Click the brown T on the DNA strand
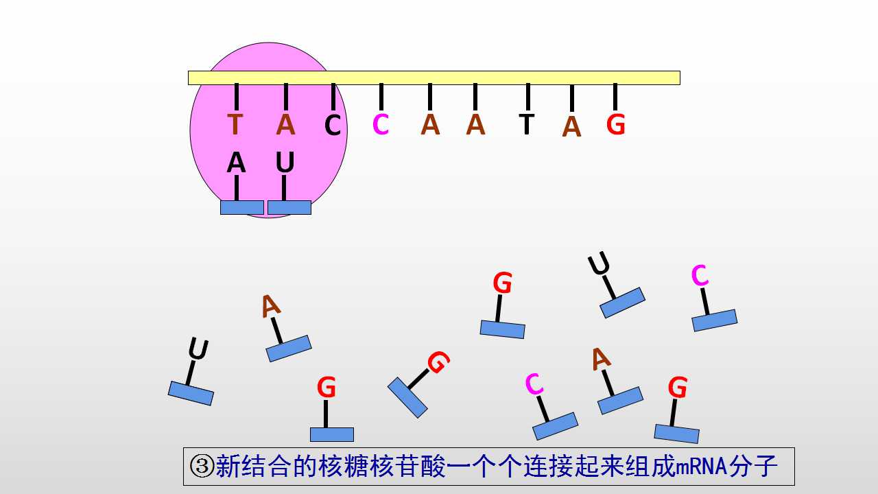point(235,124)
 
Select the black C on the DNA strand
point(333,125)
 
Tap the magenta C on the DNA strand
point(381,124)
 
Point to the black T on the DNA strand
point(526,124)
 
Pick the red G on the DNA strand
point(615,125)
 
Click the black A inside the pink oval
point(236,163)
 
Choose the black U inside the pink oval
point(285,163)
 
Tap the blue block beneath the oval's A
point(242,207)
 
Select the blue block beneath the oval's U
point(289,207)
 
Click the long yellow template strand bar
point(434,78)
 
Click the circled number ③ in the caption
point(202,466)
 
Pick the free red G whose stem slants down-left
point(438,362)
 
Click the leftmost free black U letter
point(198,349)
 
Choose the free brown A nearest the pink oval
point(270,306)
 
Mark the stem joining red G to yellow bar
point(615,97)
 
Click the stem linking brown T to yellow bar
point(237,97)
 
